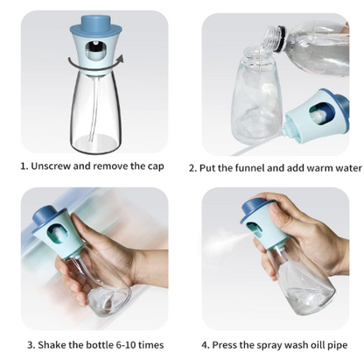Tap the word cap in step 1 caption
coord(156,166)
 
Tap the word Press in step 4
coord(224,345)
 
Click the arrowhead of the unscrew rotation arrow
coord(121,59)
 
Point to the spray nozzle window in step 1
coord(95,51)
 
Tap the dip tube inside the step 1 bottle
coord(94,111)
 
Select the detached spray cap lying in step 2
coord(317,116)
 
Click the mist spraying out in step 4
coord(221,239)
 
